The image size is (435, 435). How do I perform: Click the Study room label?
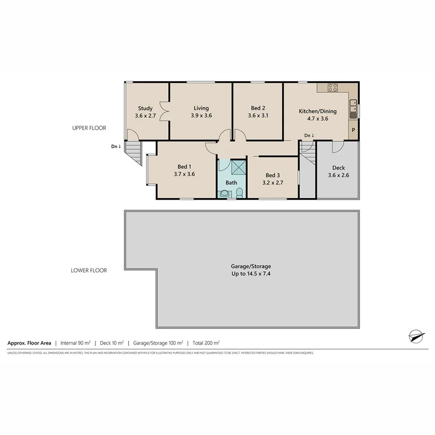[145, 108]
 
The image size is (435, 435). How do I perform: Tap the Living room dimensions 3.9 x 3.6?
[201, 116]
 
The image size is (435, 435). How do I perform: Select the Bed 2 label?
[258, 108]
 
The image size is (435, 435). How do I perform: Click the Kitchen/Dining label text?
[318, 111]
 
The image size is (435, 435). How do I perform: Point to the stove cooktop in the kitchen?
[333, 87]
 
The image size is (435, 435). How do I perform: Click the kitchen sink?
[354, 102]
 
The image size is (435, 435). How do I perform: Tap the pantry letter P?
[353, 130]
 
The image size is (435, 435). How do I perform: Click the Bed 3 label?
[272, 175]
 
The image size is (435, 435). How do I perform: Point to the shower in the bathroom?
[238, 167]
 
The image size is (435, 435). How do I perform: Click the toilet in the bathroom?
[239, 193]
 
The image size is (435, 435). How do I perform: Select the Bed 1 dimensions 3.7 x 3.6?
[184, 174]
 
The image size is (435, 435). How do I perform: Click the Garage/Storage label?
[251, 266]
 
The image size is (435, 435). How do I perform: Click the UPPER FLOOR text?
[89, 128]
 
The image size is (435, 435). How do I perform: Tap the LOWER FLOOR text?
[89, 270]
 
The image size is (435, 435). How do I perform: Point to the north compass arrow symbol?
[416, 335]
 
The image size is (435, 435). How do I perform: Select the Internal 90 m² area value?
[76, 343]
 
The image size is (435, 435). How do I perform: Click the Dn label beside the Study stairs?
[116, 146]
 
